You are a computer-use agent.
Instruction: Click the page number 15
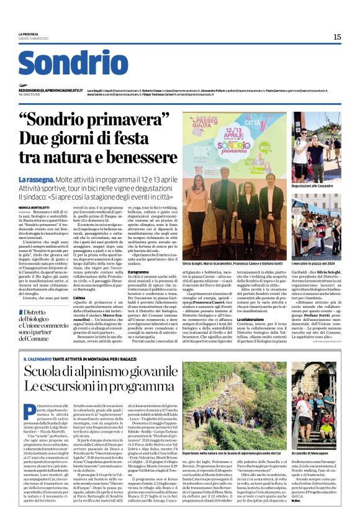337,37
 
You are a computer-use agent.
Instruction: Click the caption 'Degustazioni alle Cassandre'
317,186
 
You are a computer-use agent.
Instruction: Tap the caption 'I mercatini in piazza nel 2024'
317,264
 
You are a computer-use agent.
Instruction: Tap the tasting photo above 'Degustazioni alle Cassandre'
316,146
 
